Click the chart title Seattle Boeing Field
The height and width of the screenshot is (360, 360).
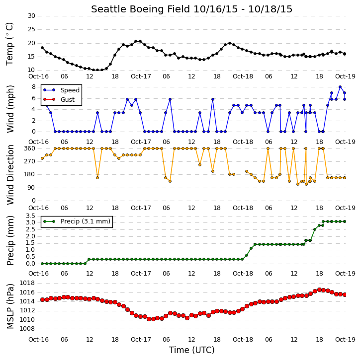(x=140, y=9)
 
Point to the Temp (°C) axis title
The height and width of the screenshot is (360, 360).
(x=9, y=44)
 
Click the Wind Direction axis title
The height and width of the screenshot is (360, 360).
(x=10, y=174)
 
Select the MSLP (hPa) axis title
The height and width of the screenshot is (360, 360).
(x=10, y=306)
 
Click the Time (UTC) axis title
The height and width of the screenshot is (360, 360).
(x=191, y=350)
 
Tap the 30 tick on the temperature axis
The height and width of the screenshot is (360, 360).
(x=31, y=16)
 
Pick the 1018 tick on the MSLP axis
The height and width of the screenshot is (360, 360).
(x=27, y=283)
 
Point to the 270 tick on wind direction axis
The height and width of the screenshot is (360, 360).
(x=30, y=161)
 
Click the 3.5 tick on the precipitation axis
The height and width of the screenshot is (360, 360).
(x=30, y=216)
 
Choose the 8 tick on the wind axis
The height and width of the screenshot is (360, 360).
(x=33, y=87)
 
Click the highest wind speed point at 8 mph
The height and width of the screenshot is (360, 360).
(x=340, y=87)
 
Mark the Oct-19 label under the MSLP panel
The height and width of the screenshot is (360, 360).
(x=345, y=339)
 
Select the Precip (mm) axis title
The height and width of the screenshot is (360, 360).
(x=10, y=240)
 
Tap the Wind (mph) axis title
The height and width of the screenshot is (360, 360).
(x=10, y=109)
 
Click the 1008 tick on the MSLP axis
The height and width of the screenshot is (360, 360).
(x=27, y=329)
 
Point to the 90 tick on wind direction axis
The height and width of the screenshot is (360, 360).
(x=31, y=188)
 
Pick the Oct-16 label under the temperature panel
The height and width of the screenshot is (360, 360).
(x=38, y=76)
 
